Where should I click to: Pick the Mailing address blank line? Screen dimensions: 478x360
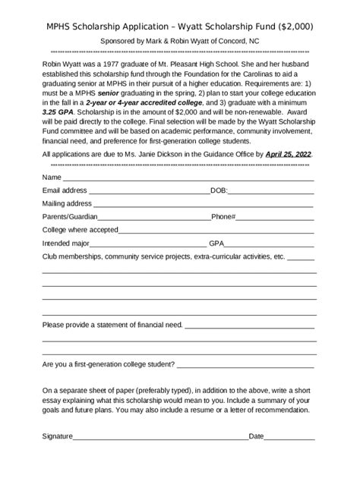coord(203,206)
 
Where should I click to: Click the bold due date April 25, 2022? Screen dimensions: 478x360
coord(288,154)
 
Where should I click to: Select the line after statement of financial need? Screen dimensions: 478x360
coord(249,326)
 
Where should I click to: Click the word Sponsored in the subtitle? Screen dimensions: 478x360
coord(119,44)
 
